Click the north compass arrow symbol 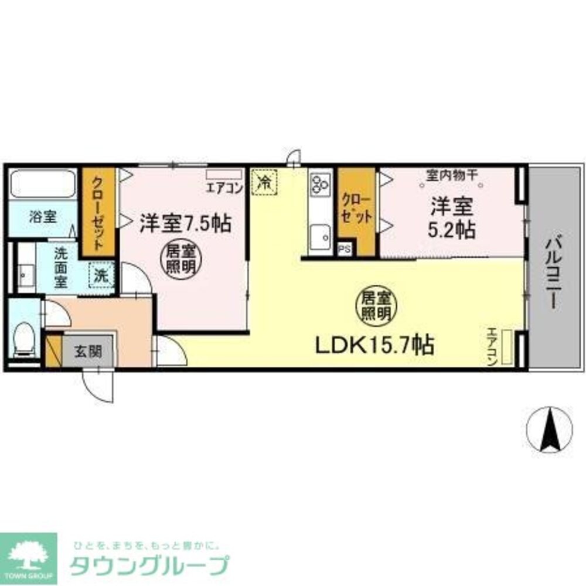coord(550,430)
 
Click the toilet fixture coord(24,339)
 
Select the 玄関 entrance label coord(88,352)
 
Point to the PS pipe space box coord(345,248)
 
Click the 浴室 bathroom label coord(43,216)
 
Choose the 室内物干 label coord(451,174)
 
